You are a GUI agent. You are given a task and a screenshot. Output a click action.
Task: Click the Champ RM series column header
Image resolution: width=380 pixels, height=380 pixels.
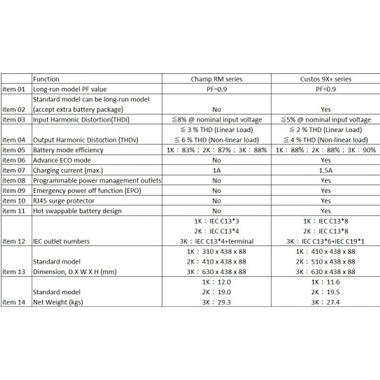coord(216,79)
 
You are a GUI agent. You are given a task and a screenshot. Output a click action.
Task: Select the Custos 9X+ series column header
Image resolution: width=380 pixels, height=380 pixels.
coord(325,79)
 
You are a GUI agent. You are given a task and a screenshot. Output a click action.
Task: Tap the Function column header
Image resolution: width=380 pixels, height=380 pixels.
coord(46,79)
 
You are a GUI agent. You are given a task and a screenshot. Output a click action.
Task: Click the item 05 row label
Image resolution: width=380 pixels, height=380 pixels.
coord(14,150)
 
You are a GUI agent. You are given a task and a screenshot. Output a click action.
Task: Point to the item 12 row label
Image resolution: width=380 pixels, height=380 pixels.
coord(14,241)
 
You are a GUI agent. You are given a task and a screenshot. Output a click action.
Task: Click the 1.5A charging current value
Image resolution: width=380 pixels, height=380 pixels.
coord(325,171)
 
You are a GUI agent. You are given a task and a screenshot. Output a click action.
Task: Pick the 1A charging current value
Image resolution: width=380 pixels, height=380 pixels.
coord(216,171)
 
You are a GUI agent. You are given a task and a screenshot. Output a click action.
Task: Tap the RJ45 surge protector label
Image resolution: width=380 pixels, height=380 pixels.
coord(64,201)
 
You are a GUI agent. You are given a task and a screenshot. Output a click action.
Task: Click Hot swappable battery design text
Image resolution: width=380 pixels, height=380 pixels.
coord(77,211)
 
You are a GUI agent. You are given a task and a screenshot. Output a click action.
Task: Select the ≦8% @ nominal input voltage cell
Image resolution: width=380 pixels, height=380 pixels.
coord(216,120)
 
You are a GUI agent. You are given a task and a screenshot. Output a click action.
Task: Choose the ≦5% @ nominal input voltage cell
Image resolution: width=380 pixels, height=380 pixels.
coord(325,120)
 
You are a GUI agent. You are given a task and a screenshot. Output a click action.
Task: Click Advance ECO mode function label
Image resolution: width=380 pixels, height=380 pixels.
coord(62,160)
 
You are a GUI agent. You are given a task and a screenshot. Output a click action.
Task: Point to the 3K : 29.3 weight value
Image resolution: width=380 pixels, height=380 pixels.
coord(216,302)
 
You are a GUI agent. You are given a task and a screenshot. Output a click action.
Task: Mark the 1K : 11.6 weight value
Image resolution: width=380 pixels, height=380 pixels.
coord(325,282)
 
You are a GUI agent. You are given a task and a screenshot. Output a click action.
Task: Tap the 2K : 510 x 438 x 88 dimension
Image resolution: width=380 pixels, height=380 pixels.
coord(325,262)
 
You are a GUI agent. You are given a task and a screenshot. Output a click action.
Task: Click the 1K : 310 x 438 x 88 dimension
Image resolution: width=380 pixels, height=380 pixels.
coord(216,252)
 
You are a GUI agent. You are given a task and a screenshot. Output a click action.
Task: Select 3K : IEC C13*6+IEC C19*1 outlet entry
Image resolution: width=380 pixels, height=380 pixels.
coord(325,241)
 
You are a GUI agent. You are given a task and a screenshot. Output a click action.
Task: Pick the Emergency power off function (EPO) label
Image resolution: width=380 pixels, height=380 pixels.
coord(87,191)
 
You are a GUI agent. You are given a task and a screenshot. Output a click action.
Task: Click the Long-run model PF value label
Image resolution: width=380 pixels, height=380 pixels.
coord(70,89)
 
